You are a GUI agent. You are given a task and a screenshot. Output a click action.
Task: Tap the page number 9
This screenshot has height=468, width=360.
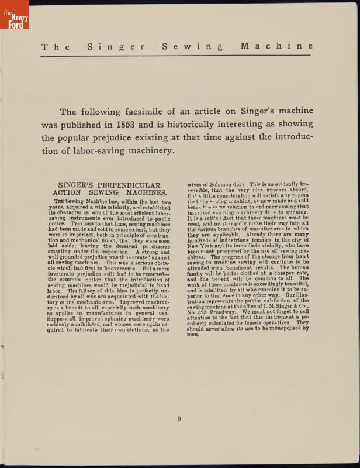(x=179, y=418)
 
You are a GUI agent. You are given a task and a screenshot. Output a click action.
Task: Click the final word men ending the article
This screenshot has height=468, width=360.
(x=193, y=335)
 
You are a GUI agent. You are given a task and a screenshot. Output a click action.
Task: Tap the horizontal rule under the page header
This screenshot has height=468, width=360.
(x=176, y=56)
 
